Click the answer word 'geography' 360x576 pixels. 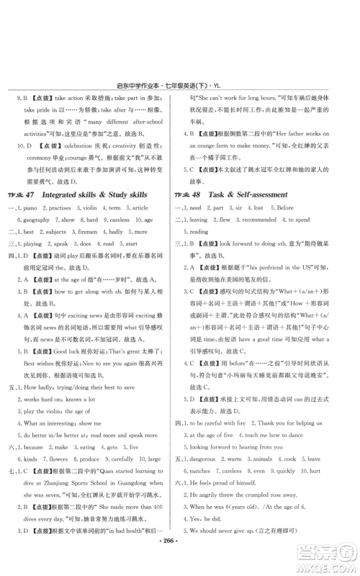click(37, 219)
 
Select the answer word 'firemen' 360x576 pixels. click(101, 233)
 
